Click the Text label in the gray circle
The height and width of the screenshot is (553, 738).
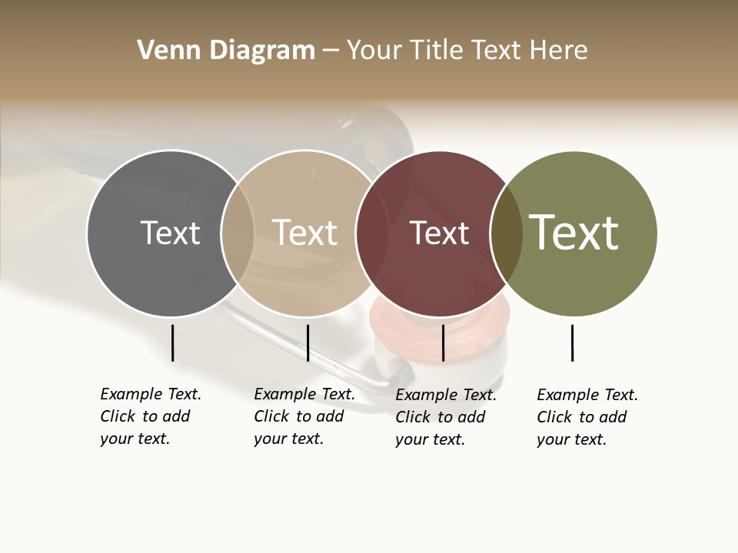point(170,233)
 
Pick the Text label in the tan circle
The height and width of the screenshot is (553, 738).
point(305,233)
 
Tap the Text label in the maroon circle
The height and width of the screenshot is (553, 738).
point(439,233)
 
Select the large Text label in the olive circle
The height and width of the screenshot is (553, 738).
point(574,233)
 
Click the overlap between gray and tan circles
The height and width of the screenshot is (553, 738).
point(238,233)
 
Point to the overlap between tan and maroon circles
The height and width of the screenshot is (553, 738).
point(371,233)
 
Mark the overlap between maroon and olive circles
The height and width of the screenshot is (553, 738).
point(506,233)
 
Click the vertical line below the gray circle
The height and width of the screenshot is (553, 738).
point(172,343)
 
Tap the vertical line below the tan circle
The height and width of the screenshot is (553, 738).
point(307,343)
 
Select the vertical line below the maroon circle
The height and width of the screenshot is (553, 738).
point(443,343)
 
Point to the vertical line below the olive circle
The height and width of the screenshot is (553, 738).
point(573,343)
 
